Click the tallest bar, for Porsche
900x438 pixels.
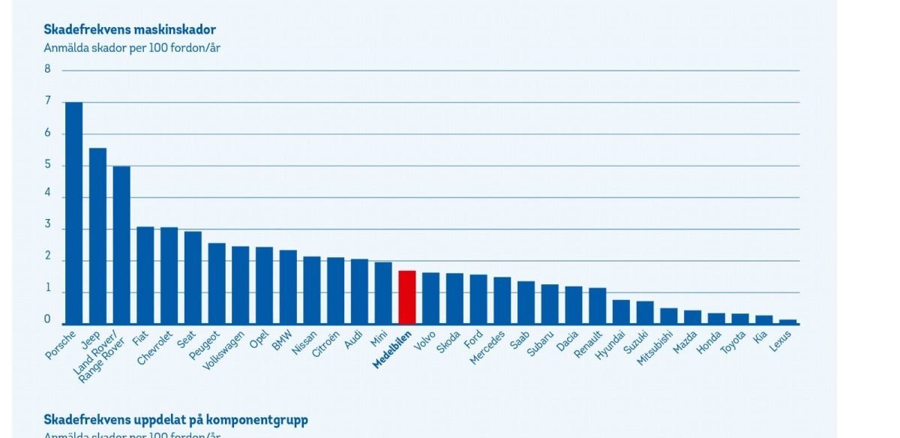tap(73, 214)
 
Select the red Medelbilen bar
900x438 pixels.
tap(406, 298)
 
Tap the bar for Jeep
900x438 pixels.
tap(97, 236)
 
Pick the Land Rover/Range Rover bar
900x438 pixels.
tap(121, 245)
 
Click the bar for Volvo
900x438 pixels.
tap(430, 298)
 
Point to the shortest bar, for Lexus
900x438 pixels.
tap(787, 322)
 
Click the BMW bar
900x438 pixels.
tap(288, 287)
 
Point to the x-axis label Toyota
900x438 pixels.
tap(735, 343)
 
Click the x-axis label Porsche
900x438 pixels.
tap(61, 345)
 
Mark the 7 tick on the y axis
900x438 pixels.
tap(48, 101)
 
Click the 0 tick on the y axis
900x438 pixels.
tap(48, 320)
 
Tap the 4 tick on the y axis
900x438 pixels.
tap(48, 196)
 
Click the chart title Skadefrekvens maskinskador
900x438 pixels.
tap(130, 30)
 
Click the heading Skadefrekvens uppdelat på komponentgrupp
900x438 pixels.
tap(175, 418)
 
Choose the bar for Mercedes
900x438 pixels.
tap(502, 301)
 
